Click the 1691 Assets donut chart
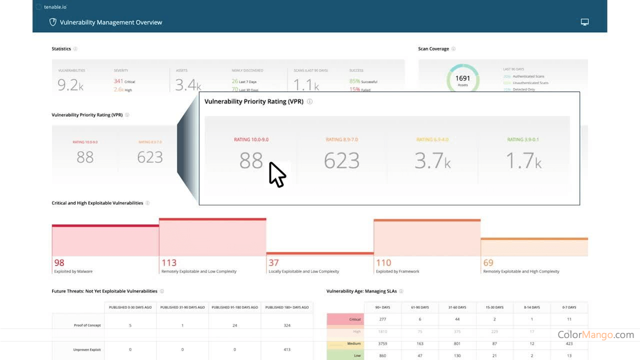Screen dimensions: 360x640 coord(462,79)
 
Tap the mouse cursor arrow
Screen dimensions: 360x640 coord(276,174)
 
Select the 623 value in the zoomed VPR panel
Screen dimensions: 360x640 coord(341,161)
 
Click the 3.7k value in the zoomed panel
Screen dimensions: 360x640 coord(432,161)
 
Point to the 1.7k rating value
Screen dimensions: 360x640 coord(523,161)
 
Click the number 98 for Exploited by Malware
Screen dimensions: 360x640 coord(59,262)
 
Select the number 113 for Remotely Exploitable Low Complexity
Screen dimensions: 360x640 coord(169,262)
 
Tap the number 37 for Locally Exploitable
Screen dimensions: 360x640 coord(273,262)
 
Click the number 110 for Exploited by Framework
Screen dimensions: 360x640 coord(383,262)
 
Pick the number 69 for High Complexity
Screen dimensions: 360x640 coord(488,262)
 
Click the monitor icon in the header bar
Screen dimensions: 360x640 coord(584,22)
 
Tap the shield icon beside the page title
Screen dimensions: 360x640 coord(52,22)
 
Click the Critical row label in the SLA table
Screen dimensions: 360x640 coord(355,319)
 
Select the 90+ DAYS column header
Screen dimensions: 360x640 coord(383,307)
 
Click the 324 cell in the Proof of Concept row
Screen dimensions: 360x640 coord(286,325)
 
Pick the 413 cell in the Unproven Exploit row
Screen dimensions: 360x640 coord(286,349)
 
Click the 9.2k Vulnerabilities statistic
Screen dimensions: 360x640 coord(70,85)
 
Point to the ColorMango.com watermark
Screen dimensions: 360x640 coord(595,335)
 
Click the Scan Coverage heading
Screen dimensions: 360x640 coord(433,49)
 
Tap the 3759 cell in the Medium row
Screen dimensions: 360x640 coord(383,343)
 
